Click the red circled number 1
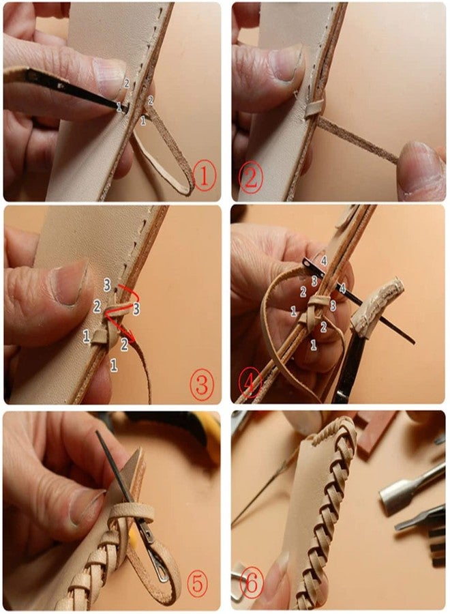[205, 178]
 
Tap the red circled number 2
[252, 179]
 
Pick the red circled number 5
[199, 585]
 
